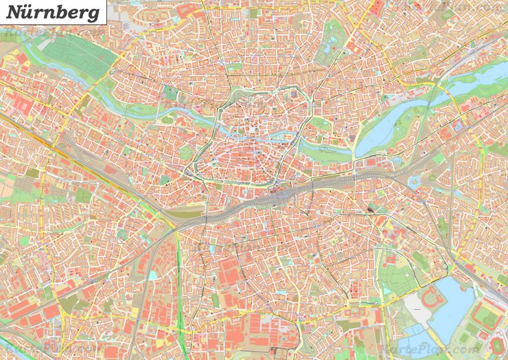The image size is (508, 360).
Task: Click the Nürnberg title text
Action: (x=54, y=12)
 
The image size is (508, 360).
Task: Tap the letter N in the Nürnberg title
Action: (x=14, y=12)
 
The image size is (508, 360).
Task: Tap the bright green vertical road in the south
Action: (x=180, y=289)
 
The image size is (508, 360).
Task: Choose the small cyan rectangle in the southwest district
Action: (x=152, y=275)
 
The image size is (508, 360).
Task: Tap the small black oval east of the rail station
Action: (x=371, y=207)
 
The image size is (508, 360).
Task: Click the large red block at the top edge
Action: (x=377, y=7)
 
